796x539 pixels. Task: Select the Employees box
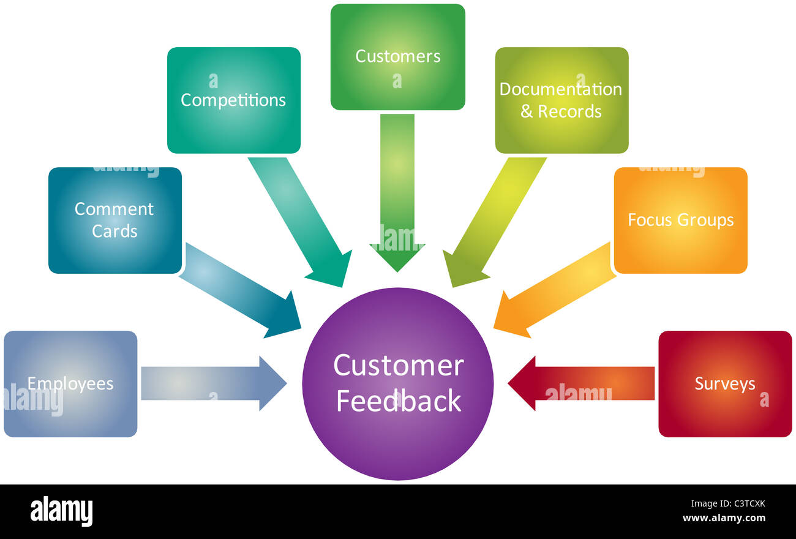(70, 384)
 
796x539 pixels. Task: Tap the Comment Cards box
(115, 220)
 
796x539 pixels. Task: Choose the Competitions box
(233, 100)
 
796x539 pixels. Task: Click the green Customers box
(397, 57)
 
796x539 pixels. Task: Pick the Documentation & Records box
(561, 100)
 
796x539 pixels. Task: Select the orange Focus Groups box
(680, 220)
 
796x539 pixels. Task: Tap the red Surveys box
(725, 384)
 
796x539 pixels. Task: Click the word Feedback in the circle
(399, 401)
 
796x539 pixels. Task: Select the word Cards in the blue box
(115, 232)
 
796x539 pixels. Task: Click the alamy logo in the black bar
(61, 511)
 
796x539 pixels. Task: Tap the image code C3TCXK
(741, 505)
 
